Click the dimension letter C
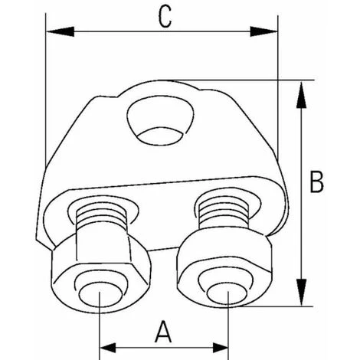(162, 16)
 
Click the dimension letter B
(316, 182)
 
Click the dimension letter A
(162, 332)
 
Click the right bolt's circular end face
(227, 294)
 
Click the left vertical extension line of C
(46, 115)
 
